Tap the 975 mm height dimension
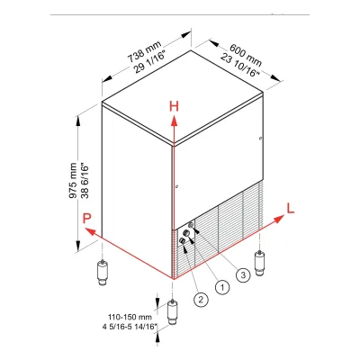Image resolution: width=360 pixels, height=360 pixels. (73, 181)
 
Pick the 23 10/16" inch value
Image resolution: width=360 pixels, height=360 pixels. (240, 65)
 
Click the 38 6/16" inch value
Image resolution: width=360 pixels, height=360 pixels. (85, 181)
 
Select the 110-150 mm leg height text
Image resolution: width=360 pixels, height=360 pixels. (130, 317)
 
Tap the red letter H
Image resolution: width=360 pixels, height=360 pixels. (174, 106)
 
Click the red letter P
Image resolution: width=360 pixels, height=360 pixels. (86, 218)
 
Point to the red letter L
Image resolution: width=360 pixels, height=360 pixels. (291, 208)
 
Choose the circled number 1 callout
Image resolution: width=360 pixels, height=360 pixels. (222, 287)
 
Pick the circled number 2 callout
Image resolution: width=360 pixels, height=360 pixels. (201, 299)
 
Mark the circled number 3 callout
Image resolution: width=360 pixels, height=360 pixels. (243, 274)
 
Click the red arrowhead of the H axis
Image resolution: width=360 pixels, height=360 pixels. (174, 121)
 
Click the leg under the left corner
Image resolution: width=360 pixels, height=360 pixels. (103, 272)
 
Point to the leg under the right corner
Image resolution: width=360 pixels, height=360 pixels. (259, 263)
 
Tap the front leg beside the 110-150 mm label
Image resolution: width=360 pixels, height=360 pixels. (172, 311)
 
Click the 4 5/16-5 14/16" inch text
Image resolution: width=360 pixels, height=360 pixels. (130, 327)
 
